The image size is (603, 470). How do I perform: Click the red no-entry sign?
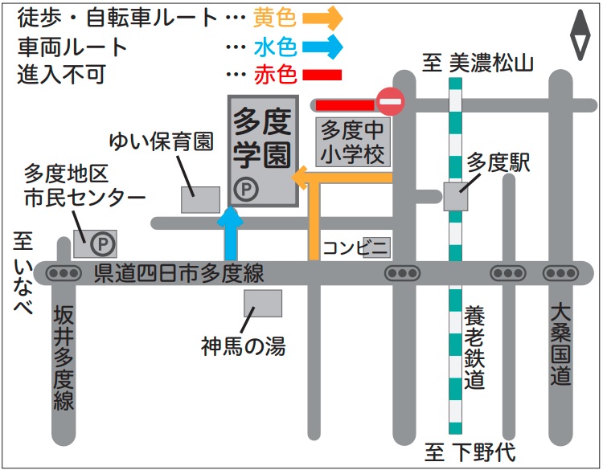click(391, 102)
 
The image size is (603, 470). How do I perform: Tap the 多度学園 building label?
click(262, 138)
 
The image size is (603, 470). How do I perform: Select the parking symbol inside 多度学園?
click(246, 190)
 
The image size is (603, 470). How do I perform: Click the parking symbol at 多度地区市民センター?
click(103, 242)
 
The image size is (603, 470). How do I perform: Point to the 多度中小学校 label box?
click(353, 142)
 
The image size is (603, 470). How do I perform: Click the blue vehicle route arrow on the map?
click(232, 233)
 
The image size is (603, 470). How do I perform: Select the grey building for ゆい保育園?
click(200, 199)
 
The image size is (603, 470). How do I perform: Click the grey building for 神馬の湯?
click(263, 304)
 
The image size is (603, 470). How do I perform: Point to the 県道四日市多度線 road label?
click(178, 273)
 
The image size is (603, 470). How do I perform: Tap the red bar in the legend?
click(322, 75)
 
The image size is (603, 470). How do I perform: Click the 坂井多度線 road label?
click(64, 359)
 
